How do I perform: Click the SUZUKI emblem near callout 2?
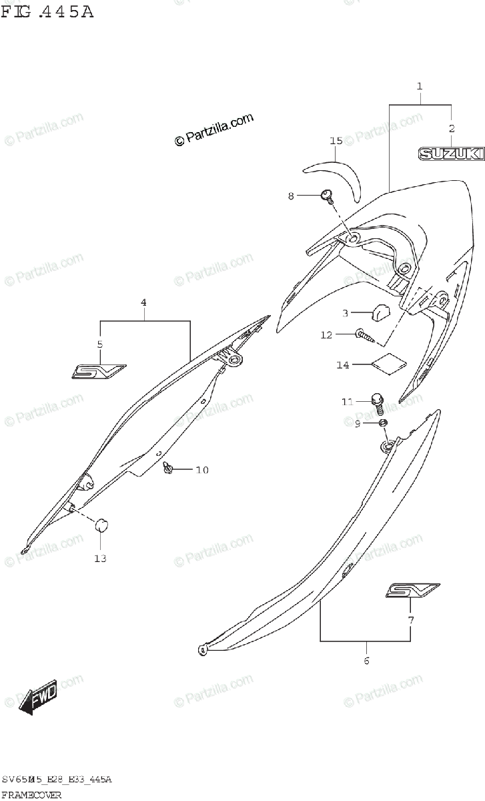pos(451,154)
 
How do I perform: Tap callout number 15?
pos(336,141)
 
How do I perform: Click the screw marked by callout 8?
pos(327,195)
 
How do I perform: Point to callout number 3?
pos(346,313)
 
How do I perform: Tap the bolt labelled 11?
pos(378,403)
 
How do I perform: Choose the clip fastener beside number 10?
pos(169,470)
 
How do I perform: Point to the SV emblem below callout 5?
pos(99,370)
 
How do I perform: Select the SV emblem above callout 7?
pos(412,591)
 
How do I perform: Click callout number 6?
pos(366,661)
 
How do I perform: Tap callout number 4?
pos(143,302)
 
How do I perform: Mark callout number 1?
pos(420,86)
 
